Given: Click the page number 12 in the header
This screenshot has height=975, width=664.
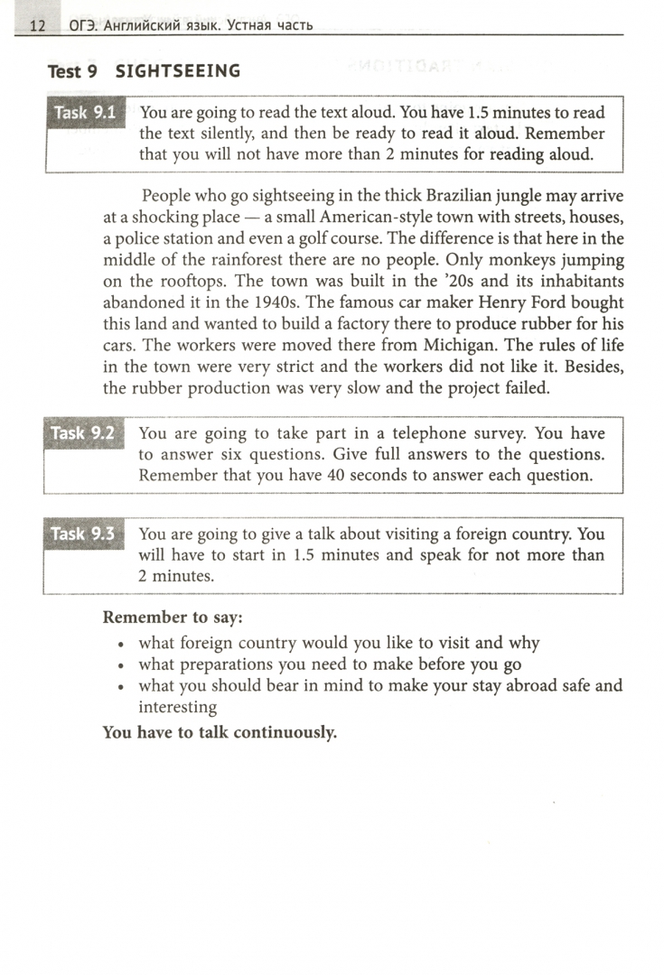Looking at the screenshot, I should (x=37, y=25).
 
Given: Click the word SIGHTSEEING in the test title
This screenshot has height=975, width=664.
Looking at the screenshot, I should (x=178, y=71).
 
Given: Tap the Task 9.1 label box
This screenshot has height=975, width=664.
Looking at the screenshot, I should (x=85, y=114).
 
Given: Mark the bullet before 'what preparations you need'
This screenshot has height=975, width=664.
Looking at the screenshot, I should (x=120, y=665).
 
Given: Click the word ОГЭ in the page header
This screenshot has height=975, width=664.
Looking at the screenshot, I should (x=86, y=25).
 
